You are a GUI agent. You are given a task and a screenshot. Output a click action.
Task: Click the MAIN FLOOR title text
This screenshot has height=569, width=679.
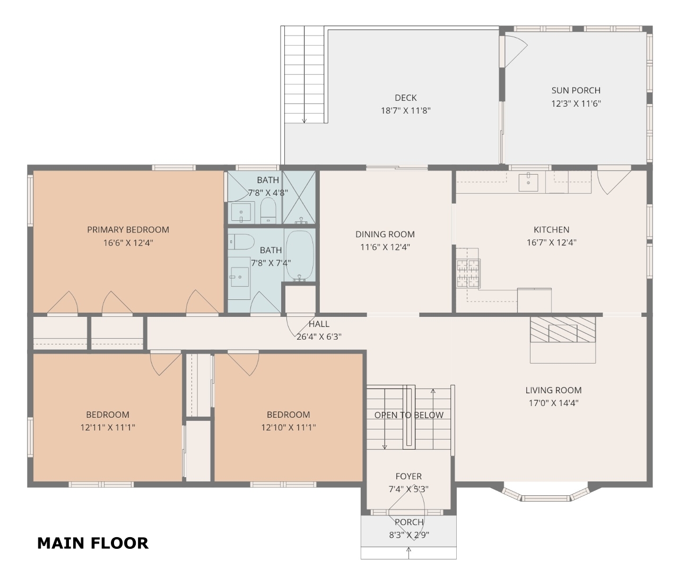pyautogui.click(x=93, y=544)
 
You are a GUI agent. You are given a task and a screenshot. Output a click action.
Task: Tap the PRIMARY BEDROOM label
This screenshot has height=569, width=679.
pyautogui.click(x=128, y=230)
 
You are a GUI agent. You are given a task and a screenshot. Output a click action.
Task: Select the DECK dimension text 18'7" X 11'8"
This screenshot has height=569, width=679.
pyautogui.click(x=405, y=110)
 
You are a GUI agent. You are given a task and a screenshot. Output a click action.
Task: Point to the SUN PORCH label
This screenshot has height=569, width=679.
pyautogui.click(x=576, y=90)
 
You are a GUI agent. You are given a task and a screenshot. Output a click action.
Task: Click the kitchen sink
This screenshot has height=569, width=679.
pyautogui.click(x=528, y=183)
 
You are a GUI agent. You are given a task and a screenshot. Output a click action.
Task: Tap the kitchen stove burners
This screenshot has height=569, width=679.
pyautogui.click(x=468, y=273)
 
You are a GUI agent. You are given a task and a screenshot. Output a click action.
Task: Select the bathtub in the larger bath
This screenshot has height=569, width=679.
pyautogui.click(x=300, y=255)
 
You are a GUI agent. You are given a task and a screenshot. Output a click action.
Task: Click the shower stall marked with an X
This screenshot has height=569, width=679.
pyautogui.click(x=299, y=197)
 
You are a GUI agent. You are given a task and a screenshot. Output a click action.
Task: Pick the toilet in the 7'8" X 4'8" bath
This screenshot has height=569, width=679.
pyautogui.click(x=268, y=211)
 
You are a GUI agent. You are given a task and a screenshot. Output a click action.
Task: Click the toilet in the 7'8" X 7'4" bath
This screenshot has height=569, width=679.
pyautogui.click(x=241, y=242)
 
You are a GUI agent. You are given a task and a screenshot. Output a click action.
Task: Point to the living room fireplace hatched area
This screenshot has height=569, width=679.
pyautogui.click(x=563, y=330)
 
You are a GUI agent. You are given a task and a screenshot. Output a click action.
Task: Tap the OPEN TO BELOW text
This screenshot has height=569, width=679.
pyautogui.click(x=409, y=415)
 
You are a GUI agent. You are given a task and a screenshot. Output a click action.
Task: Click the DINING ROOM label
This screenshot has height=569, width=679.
pyautogui.click(x=385, y=234)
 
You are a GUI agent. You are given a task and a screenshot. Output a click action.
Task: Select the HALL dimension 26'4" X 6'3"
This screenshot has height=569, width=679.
pyautogui.click(x=319, y=337)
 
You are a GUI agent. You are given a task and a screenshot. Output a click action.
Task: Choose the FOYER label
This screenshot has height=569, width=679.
pyautogui.click(x=408, y=476)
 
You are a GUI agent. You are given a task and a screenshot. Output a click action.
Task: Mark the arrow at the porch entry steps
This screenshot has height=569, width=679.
pyautogui.click(x=409, y=553)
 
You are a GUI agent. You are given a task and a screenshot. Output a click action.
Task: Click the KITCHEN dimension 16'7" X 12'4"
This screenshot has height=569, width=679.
pyautogui.click(x=552, y=243)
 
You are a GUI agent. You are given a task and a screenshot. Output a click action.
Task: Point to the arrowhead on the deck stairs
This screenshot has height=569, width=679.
pyautogui.click(x=304, y=121)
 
